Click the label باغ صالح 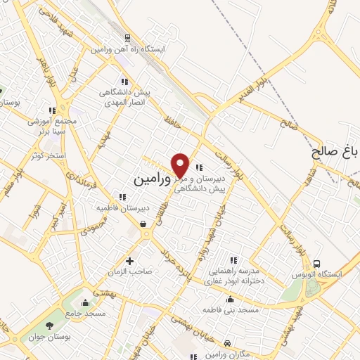(x=336, y=150)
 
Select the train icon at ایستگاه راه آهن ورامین (x=127, y=38)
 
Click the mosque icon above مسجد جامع (x=85, y=303)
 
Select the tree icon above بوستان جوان (x=49, y=325)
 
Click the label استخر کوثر (x=49, y=155)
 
